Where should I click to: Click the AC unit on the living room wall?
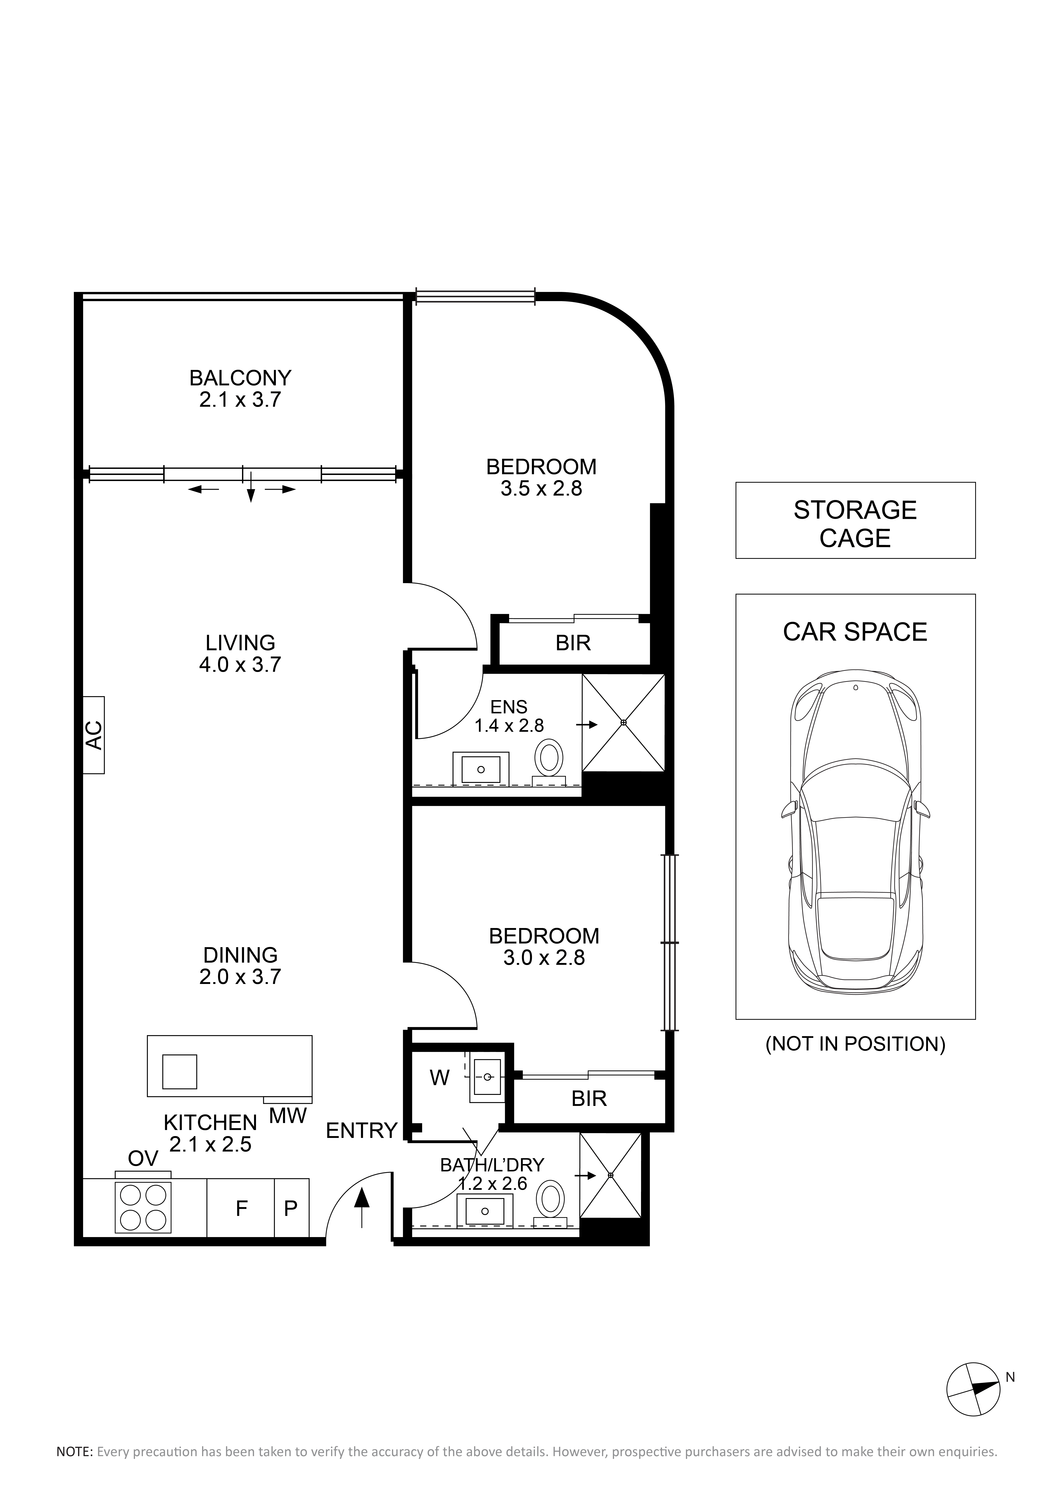pos(93,735)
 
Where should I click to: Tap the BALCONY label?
pos(240,378)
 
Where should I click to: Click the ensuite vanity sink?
pos(481,769)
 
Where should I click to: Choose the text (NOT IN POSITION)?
pos(855,1044)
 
